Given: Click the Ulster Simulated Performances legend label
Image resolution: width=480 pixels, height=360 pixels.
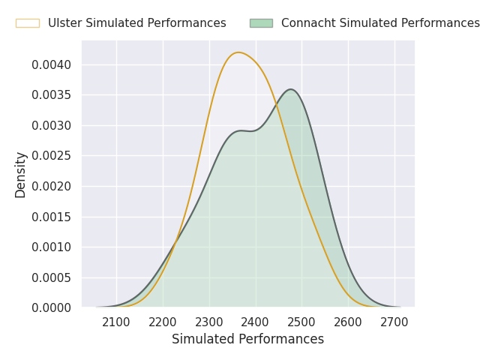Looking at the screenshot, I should (x=136, y=23).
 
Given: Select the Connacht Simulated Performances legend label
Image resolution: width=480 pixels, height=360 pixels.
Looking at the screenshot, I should (x=379, y=23).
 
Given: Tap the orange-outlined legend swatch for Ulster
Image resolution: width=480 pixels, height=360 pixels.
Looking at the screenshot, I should (x=28, y=23).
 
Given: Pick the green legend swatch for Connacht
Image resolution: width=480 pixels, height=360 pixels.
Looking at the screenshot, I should (x=261, y=23).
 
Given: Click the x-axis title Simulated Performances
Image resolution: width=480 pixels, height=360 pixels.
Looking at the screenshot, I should (x=247, y=339).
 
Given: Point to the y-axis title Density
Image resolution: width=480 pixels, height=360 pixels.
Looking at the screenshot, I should (x=21, y=175).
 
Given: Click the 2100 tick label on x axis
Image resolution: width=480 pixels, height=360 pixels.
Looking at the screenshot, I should (x=116, y=322).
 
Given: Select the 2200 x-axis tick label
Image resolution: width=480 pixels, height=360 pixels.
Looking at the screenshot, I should (x=163, y=322).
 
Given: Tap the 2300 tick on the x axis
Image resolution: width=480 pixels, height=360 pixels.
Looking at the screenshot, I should (x=209, y=322).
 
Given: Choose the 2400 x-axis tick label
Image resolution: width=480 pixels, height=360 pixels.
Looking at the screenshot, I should (x=255, y=322).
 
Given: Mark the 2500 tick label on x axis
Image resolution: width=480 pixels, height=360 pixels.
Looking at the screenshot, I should (x=301, y=322).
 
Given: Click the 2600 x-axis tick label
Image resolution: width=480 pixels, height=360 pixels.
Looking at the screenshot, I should (x=348, y=322).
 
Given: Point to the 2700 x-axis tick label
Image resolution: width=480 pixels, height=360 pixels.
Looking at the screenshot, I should (x=394, y=322).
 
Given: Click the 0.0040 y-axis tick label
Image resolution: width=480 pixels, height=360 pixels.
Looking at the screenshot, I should (x=52, y=64).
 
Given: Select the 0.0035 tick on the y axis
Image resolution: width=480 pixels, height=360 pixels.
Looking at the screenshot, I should (x=52, y=95).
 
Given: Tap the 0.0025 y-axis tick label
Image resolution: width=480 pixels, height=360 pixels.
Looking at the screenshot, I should (x=52, y=156).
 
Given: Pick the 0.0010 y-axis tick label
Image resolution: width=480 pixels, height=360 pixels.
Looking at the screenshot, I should (x=52, y=247).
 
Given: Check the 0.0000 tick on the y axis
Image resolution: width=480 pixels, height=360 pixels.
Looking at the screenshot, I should (x=52, y=307).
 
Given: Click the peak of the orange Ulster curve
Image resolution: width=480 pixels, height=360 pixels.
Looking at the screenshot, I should (x=238, y=52).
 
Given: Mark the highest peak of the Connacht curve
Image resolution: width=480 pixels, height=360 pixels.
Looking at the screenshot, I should (x=290, y=89).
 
